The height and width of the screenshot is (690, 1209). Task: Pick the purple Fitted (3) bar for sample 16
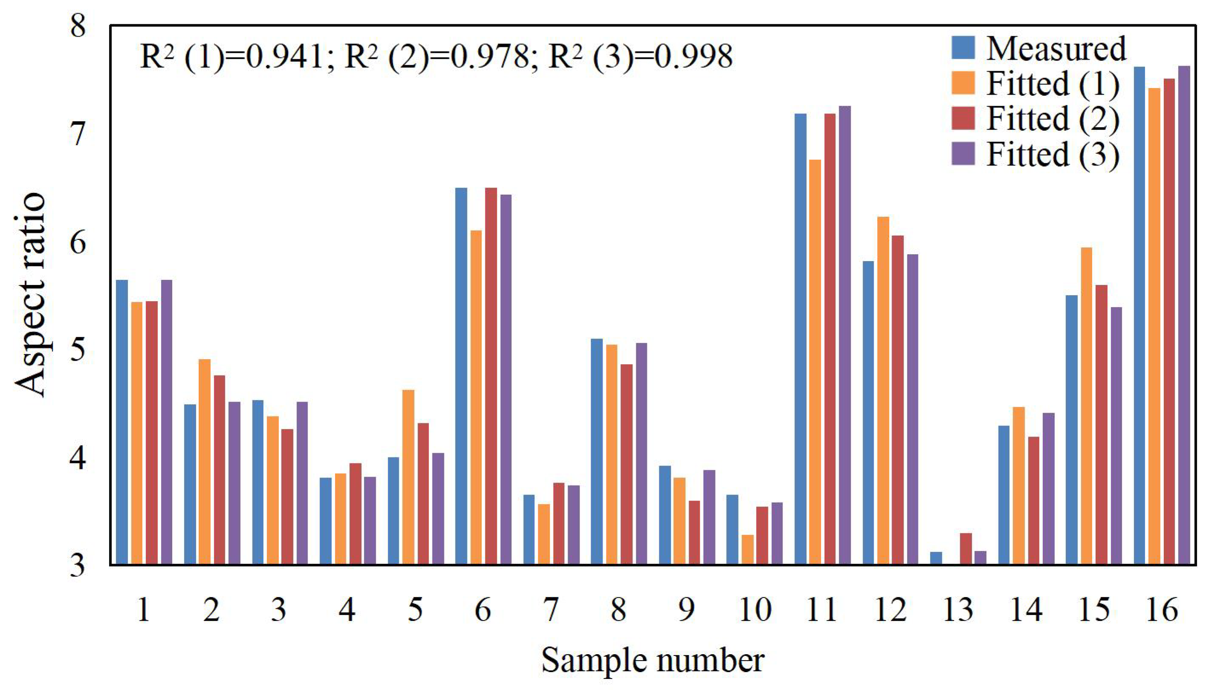[1184, 315]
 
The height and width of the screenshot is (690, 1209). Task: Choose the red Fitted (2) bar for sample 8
[626, 464]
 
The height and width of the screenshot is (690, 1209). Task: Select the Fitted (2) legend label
[1053, 118]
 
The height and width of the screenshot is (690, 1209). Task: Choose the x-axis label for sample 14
[1027, 610]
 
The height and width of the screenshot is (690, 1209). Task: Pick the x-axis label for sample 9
[686, 610]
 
